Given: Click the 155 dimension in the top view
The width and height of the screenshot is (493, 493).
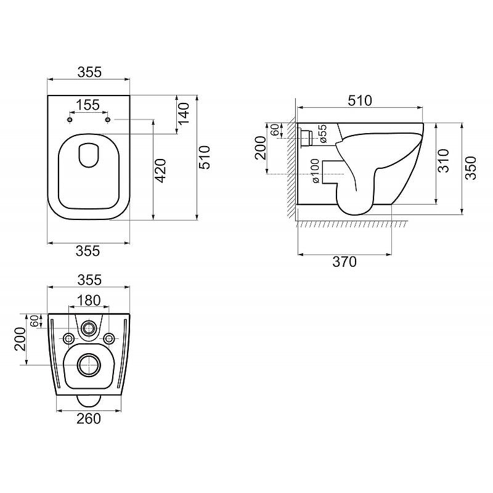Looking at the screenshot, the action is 88,105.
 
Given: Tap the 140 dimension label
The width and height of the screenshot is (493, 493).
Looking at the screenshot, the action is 184,113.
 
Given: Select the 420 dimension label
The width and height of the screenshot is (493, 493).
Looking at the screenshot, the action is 161,171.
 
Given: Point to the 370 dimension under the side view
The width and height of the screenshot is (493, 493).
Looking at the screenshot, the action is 344,261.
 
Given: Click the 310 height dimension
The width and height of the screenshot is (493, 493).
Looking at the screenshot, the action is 444,161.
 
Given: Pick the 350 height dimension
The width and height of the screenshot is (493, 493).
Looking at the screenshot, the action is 471,168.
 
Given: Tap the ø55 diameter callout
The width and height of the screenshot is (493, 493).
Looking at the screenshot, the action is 322,134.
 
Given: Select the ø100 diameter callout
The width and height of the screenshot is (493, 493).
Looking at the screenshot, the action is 315,171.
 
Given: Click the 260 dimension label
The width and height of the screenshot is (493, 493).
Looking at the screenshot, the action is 89,418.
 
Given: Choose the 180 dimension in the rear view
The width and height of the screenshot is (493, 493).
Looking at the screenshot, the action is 89,300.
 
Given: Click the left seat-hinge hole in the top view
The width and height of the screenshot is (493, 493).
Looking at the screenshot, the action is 70,120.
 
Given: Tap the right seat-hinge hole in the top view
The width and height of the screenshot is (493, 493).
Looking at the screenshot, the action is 108,120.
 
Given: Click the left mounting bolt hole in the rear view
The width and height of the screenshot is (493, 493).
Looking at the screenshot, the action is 68,338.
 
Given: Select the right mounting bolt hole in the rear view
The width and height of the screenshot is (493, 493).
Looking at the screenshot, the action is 109,338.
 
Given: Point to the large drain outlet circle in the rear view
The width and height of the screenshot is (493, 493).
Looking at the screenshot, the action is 89,365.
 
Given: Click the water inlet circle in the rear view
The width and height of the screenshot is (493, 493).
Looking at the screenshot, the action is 89,328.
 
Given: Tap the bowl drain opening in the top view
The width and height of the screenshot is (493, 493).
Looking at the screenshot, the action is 89,155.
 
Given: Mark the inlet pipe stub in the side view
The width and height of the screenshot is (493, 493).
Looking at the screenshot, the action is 306,137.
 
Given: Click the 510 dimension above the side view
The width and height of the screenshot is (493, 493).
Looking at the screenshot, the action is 360,100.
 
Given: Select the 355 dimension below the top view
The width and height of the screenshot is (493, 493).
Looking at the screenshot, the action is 88,251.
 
